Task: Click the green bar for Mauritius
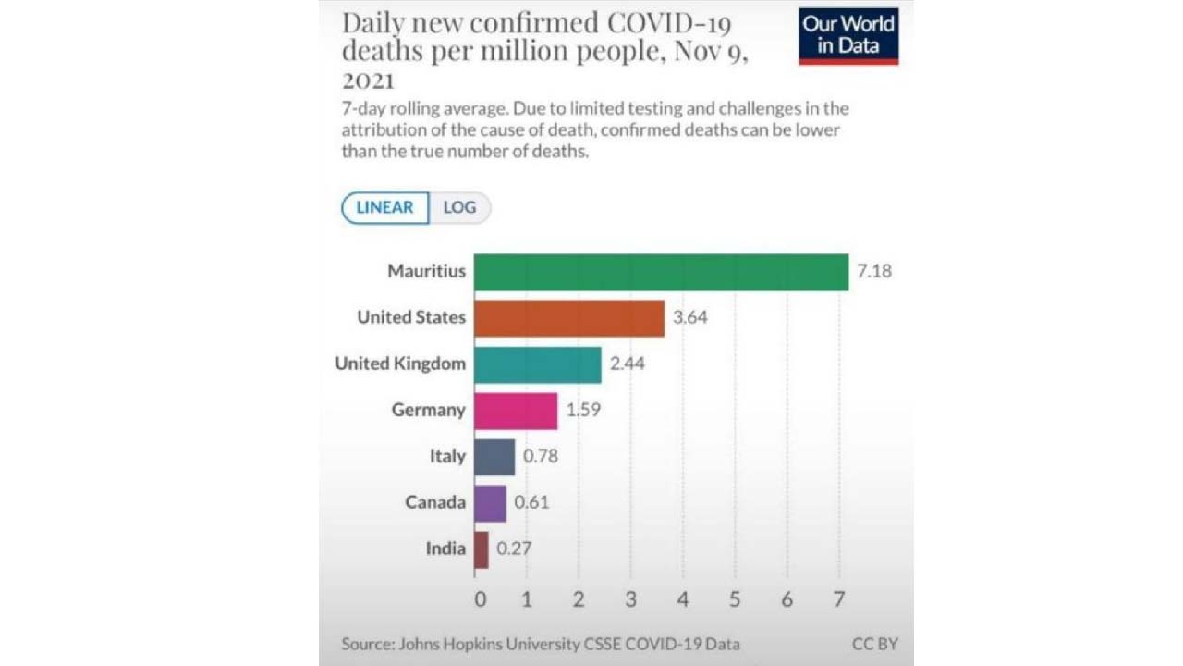tap(661, 272)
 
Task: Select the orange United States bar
tap(568, 318)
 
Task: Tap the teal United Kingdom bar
tap(537, 364)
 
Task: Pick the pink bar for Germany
tap(516, 411)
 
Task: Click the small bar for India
tap(481, 549)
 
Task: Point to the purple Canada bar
tap(490, 503)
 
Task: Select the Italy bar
tap(494, 457)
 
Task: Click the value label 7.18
tap(874, 272)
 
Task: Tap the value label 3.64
tap(690, 318)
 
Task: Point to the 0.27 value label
tap(514, 549)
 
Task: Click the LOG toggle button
tap(459, 207)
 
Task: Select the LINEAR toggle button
tap(384, 207)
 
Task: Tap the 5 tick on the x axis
tap(735, 599)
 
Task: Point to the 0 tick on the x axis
tap(480, 599)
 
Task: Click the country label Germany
tap(429, 411)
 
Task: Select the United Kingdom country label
tap(400, 364)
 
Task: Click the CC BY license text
tap(874, 644)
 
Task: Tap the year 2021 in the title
tap(368, 80)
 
